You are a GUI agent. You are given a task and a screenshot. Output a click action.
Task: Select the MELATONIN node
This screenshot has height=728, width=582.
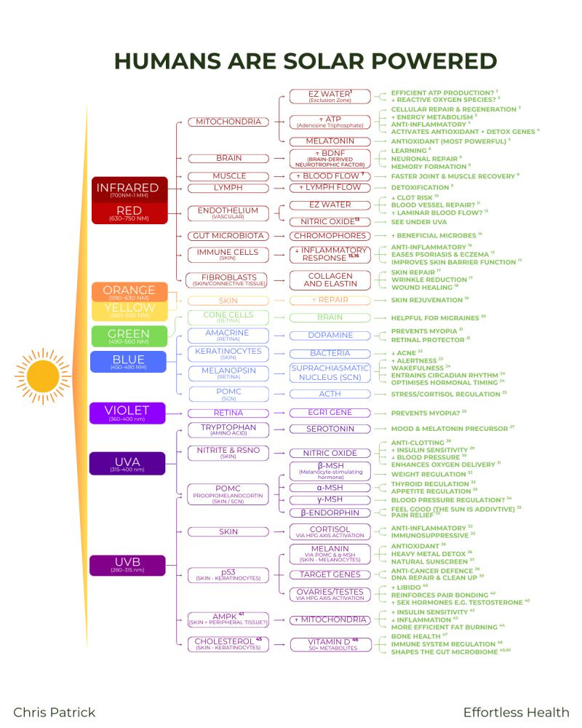click(x=330, y=141)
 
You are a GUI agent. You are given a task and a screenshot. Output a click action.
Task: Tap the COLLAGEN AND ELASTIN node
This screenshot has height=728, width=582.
click(x=330, y=280)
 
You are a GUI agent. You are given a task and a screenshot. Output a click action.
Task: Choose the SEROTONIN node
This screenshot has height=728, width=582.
click(x=330, y=429)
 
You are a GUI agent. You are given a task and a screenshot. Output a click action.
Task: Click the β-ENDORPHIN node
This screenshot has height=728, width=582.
click(x=330, y=513)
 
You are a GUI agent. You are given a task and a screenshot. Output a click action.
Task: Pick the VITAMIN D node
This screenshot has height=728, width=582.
click(x=330, y=643)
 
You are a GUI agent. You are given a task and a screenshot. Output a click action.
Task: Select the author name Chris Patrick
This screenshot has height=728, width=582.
click(x=55, y=712)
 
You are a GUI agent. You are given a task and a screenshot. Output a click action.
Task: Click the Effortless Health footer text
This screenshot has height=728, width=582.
click(x=516, y=712)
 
